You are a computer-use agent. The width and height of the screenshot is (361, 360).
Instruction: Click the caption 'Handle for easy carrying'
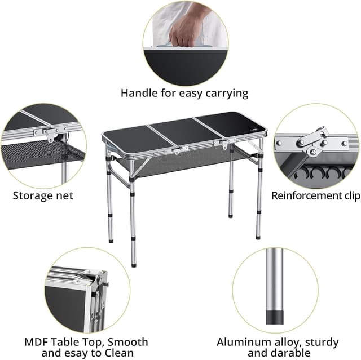pyautogui.click(x=184, y=93)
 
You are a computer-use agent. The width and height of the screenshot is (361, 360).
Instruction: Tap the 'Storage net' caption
pyautogui.click(x=43, y=196)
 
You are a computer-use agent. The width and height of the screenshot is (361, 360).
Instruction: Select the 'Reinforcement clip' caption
pyautogui.click(x=315, y=196)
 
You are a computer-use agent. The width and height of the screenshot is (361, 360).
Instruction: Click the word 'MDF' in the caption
pyautogui.click(x=37, y=342)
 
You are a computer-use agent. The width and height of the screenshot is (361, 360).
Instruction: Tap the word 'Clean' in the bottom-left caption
pyautogui.click(x=126, y=353)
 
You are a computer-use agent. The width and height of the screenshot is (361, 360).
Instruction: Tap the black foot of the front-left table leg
pyautogui.click(x=134, y=264)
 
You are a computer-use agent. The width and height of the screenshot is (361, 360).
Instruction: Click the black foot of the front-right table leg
pyautogui.click(x=259, y=236)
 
